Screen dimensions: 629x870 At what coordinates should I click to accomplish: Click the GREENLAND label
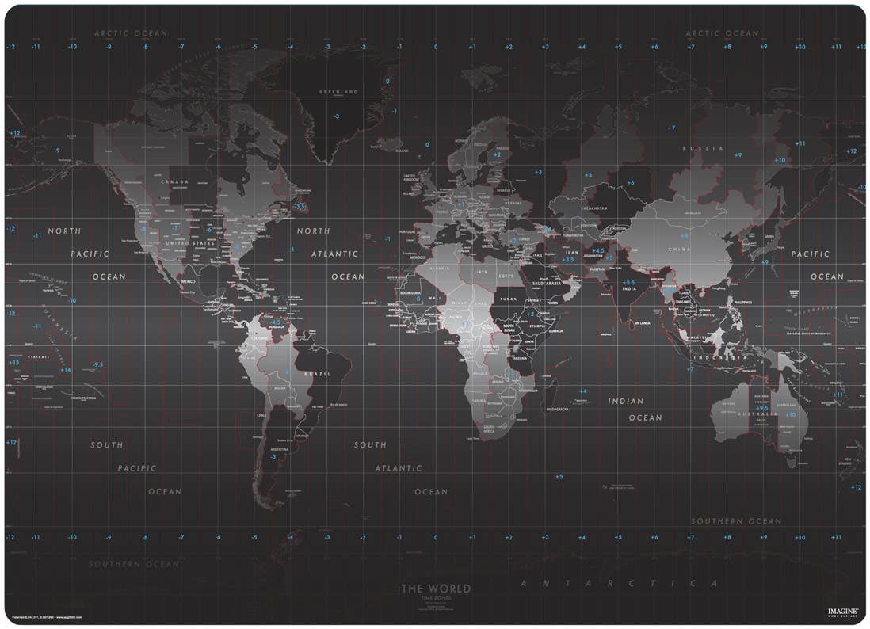[x=338, y=92]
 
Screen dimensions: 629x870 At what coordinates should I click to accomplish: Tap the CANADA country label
[x=174, y=181]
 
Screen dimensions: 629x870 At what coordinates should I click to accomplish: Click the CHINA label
[x=679, y=250]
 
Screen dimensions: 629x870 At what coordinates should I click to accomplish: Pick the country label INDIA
[x=629, y=289]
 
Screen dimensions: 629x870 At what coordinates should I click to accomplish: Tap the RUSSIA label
[x=704, y=148]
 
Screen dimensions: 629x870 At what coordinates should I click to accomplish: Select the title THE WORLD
[x=435, y=589]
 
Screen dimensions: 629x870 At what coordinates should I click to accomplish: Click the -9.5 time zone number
[x=97, y=364]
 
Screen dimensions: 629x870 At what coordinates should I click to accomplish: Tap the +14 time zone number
[x=66, y=369]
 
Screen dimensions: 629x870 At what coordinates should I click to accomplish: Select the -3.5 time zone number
[x=300, y=207]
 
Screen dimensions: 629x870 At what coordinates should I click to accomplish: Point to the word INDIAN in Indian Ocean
[x=626, y=402]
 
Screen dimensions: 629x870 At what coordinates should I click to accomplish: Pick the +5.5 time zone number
[x=628, y=282]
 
